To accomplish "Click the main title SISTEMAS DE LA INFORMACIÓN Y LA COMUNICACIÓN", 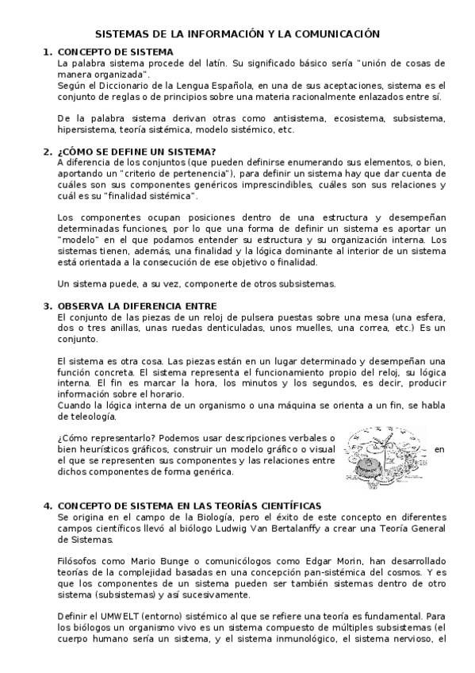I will pyautogui.click(x=238, y=34).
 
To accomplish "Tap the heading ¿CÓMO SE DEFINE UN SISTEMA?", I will pyautogui.click(x=126, y=152).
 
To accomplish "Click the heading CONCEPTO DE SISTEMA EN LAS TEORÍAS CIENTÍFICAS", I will pyautogui.click(x=190, y=506).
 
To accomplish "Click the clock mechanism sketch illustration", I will pyautogui.click(x=382, y=456).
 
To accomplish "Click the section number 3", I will pyautogui.click(x=48, y=306).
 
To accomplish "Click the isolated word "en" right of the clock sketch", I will pyautogui.click(x=440, y=450).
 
